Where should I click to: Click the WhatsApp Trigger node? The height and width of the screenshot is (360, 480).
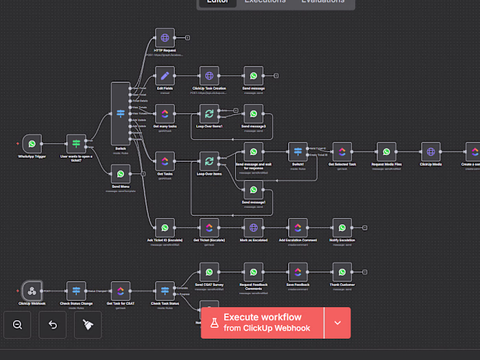32,144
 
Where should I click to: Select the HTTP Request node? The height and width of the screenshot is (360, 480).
165,38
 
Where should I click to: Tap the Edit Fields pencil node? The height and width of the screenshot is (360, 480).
165,76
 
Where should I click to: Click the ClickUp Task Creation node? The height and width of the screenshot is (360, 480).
209,76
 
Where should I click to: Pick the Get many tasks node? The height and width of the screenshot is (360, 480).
165,114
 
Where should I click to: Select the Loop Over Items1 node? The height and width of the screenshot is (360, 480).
209,114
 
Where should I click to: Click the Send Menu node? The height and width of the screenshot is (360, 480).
121,173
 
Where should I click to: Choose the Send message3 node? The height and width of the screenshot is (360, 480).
254,114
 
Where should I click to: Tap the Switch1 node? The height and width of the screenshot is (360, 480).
298,152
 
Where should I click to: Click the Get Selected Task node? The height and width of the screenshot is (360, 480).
342,152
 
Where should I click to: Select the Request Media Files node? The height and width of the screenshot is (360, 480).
386,152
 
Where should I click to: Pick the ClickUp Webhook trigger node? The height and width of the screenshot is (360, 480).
32,291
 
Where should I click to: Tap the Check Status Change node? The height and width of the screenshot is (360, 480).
76,291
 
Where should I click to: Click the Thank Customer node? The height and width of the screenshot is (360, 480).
342,272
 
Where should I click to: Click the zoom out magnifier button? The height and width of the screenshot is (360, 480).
17,325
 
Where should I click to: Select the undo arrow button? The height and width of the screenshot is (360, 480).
53,325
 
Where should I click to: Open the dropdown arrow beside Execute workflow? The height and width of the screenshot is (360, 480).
337,323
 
